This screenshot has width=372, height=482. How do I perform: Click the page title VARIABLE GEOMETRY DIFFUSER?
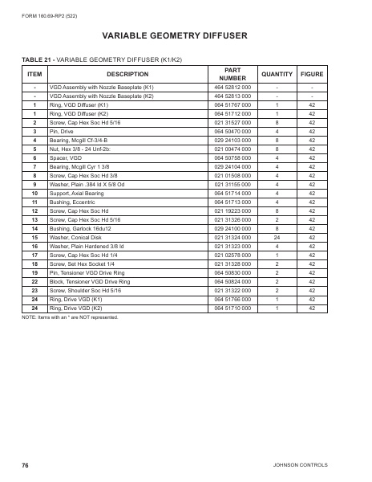[x=185, y=35]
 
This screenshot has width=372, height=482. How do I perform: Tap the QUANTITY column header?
[x=277, y=74]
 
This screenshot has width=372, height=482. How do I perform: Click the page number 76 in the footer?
[x=26, y=466]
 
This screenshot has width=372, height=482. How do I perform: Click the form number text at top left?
[x=50, y=14]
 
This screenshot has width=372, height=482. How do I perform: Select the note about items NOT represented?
[x=69, y=341]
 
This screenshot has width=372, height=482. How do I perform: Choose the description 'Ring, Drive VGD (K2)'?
[x=79, y=329]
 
